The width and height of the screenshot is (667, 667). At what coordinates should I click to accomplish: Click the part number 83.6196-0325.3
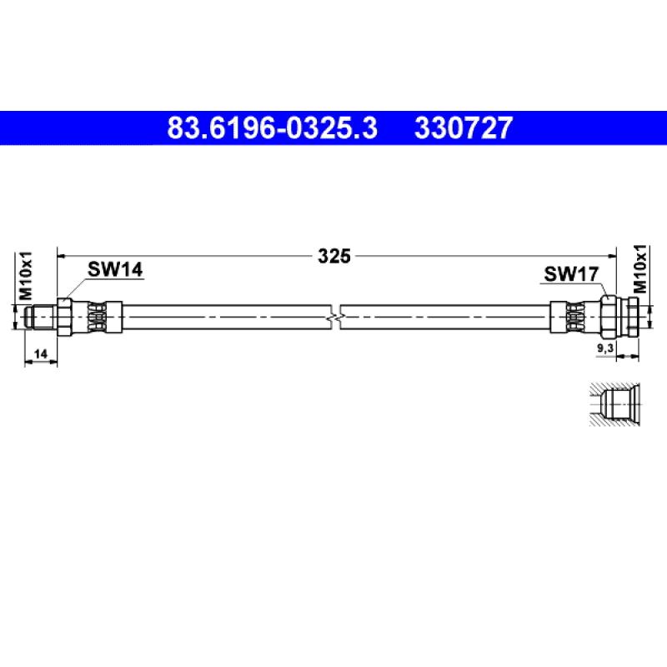click(273, 128)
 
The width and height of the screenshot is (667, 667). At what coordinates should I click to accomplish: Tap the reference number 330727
click(464, 128)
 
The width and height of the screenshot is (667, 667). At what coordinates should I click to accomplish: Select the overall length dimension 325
click(334, 256)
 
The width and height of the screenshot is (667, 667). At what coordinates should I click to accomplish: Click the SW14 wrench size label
click(115, 269)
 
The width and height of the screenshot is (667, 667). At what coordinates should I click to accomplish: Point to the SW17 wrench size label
click(571, 274)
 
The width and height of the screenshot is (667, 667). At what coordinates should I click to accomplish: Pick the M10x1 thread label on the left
click(25, 275)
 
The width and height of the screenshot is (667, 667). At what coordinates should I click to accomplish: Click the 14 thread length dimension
click(41, 354)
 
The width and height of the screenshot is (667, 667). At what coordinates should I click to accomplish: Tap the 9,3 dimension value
click(605, 349)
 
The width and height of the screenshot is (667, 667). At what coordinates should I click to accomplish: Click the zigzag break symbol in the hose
click(336, 318)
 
